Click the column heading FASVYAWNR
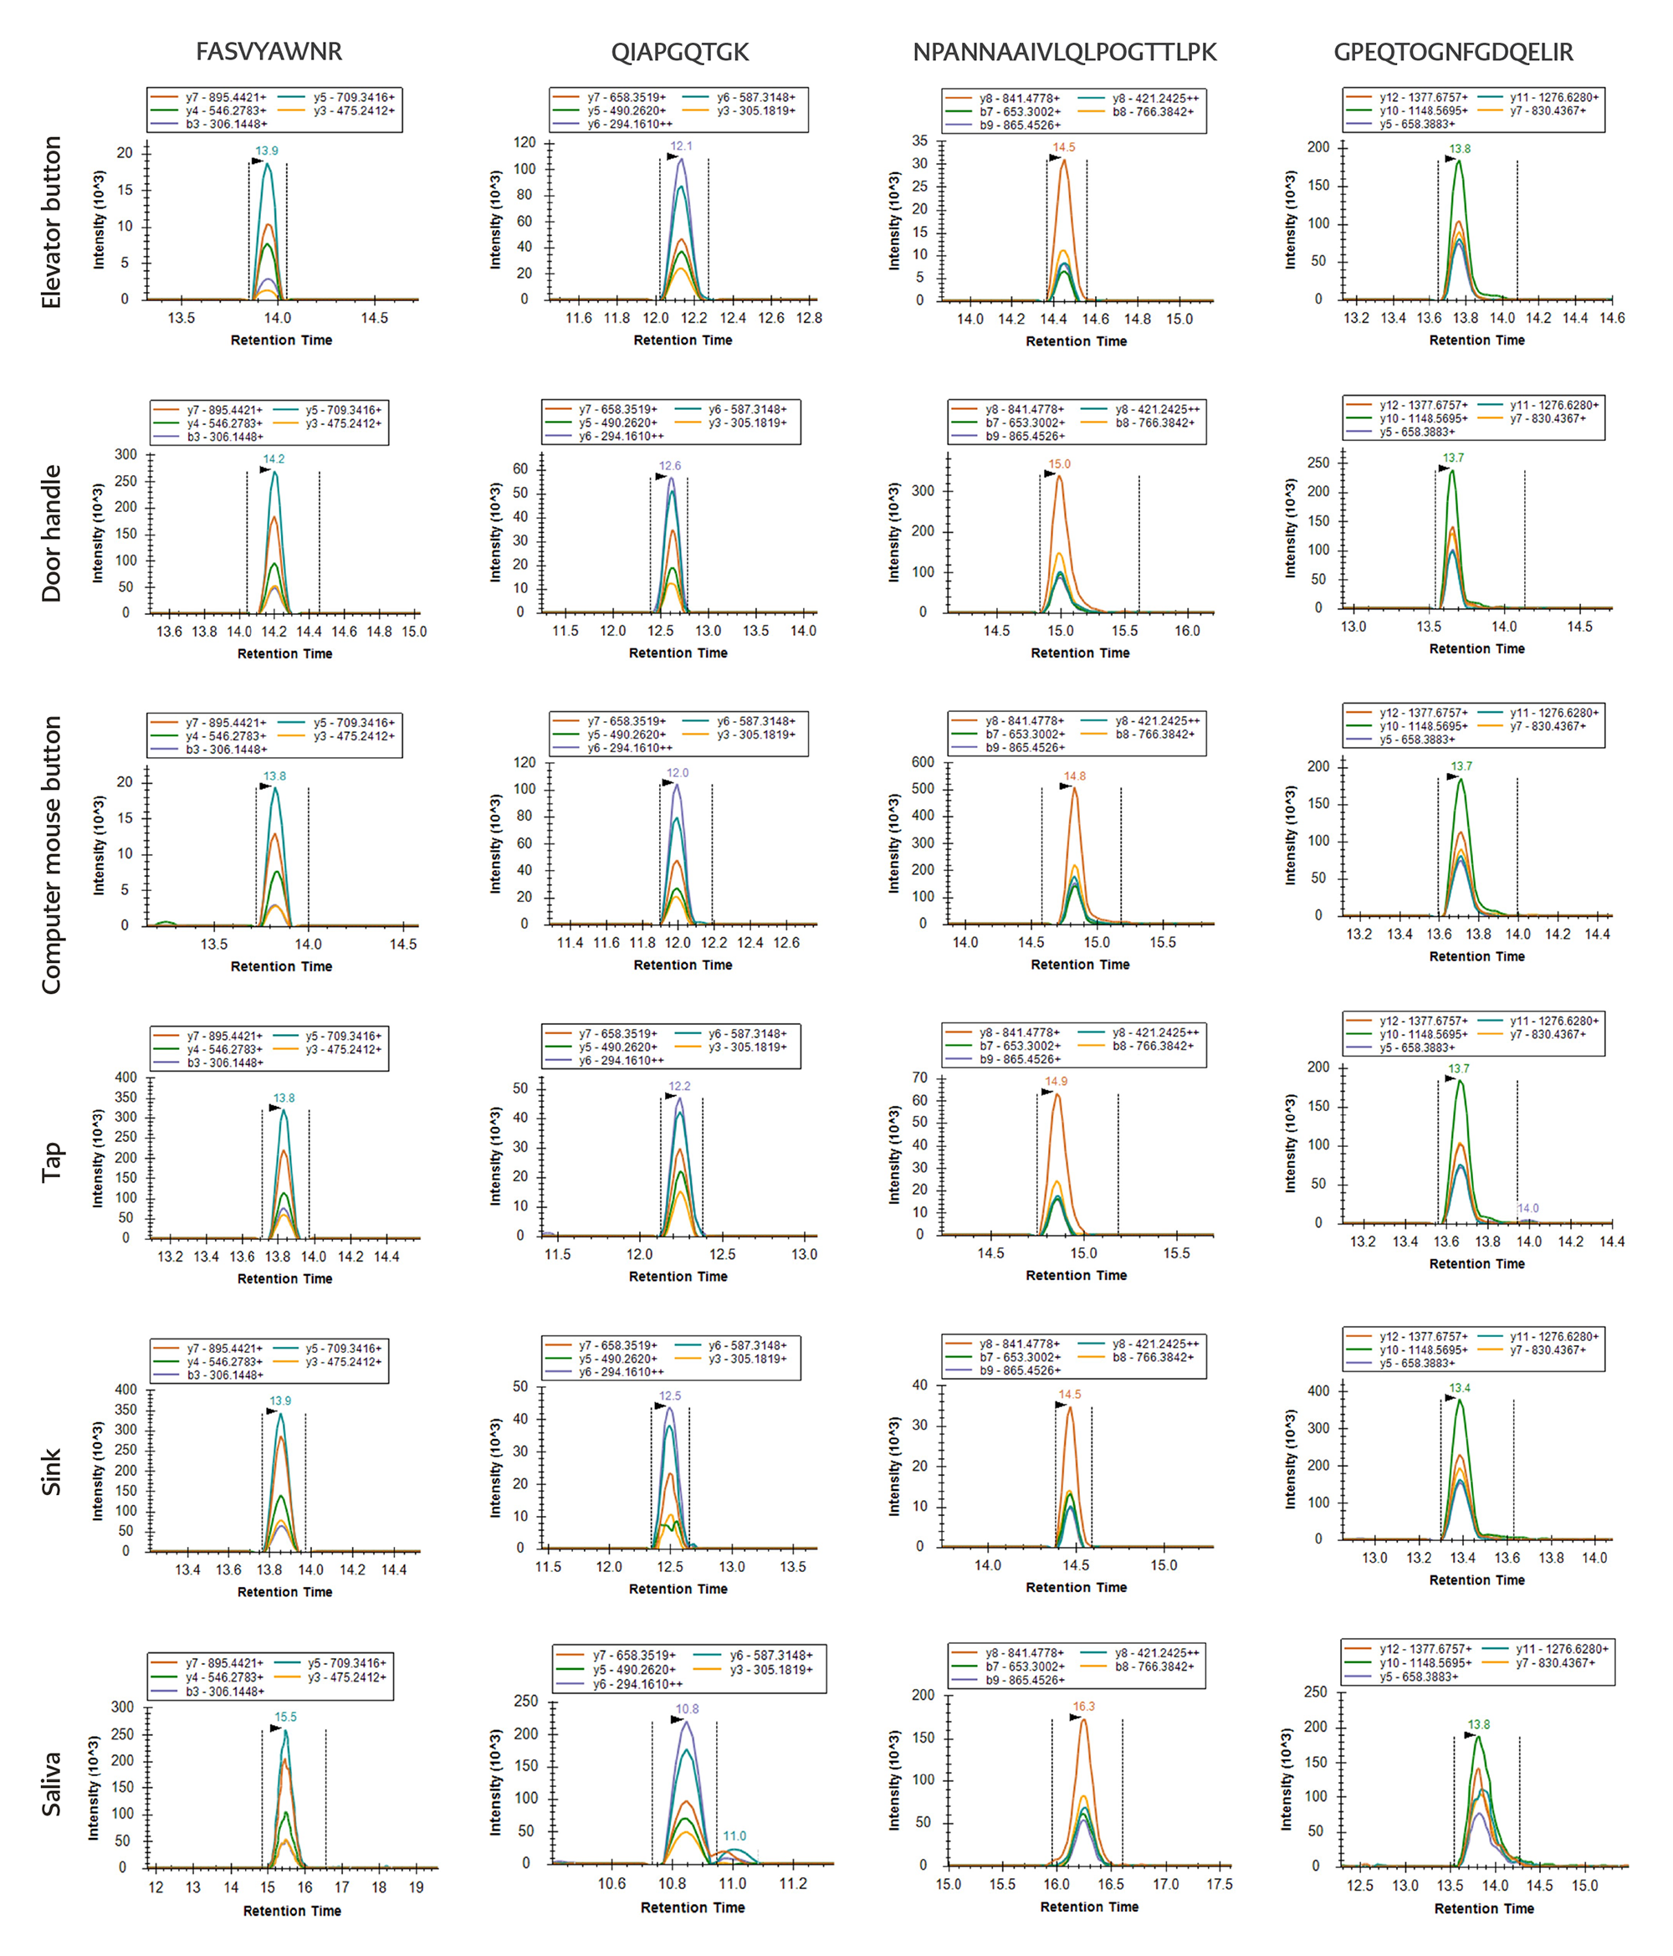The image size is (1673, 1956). tap(269, 51)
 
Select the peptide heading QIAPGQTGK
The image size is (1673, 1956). tap(680, 52)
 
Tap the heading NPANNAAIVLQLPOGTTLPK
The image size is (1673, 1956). tap(1064, 52)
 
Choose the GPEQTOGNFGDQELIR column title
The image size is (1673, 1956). tap(1453, 52)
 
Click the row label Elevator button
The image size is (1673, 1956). tap(51, 222)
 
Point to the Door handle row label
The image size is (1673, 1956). tap(51, 534)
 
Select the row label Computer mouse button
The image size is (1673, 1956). tap(51, 854)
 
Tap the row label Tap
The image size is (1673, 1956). tap(51, 1162)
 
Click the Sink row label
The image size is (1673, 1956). tap(51, 1472)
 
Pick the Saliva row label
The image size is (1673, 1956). tap(51, 1784)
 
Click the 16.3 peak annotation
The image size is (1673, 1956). tap(1084, 1707)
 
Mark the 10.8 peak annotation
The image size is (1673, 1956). tap(688, 1709)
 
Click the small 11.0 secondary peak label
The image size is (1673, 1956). tap(734, 1836)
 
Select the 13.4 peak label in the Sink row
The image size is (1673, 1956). tap(1460, 1389)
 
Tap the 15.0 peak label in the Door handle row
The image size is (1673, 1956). tap(1059, 464)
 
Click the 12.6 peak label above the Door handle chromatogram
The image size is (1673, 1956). tap(669, 466)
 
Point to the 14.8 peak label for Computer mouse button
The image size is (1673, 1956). tap(1074, 777)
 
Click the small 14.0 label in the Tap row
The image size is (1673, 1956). tap(1527, 1208)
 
